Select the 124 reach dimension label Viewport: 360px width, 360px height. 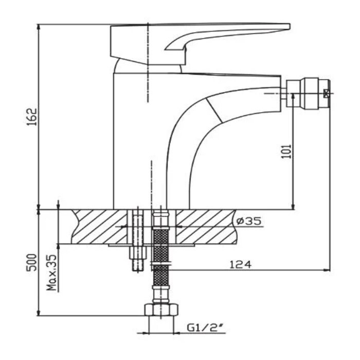[x=241, y=264]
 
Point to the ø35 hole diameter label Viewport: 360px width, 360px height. [x=249, y=221]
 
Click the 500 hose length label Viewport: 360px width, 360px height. [x=31, y=262]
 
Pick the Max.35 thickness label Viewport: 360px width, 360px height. [x=51, y=273]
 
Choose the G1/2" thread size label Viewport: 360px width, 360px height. [x=205, y=328]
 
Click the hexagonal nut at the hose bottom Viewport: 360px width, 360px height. [x=161, y=310]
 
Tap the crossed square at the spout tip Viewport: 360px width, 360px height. [x=326, y=93]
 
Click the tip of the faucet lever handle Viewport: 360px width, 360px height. [x=289, y=26]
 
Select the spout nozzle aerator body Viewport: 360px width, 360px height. [x=308, y=93]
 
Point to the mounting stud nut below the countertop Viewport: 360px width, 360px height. [x=138, y=253]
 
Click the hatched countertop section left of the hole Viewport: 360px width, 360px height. [x=99, y=227]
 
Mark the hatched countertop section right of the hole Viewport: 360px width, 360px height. [x=206, y=227]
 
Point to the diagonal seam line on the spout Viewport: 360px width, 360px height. [x=214, y=110]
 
